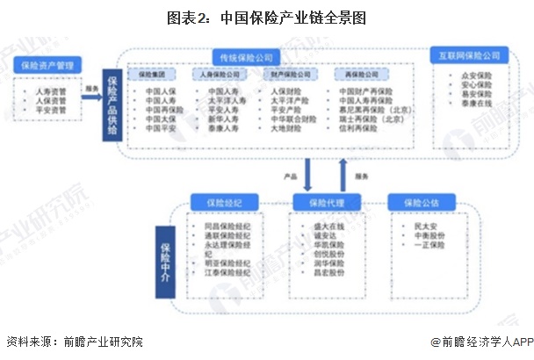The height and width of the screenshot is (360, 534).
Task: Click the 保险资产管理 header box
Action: (x=49, y=64)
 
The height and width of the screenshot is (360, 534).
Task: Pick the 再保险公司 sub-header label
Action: (x=357, y=76)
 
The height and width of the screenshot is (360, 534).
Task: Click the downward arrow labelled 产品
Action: (x=308, y=173)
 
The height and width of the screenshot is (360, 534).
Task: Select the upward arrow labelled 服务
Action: (x=343, y=173)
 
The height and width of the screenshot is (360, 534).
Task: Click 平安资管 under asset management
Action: (x=50, y=111)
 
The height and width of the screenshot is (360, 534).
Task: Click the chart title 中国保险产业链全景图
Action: (x=266, y=17)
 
